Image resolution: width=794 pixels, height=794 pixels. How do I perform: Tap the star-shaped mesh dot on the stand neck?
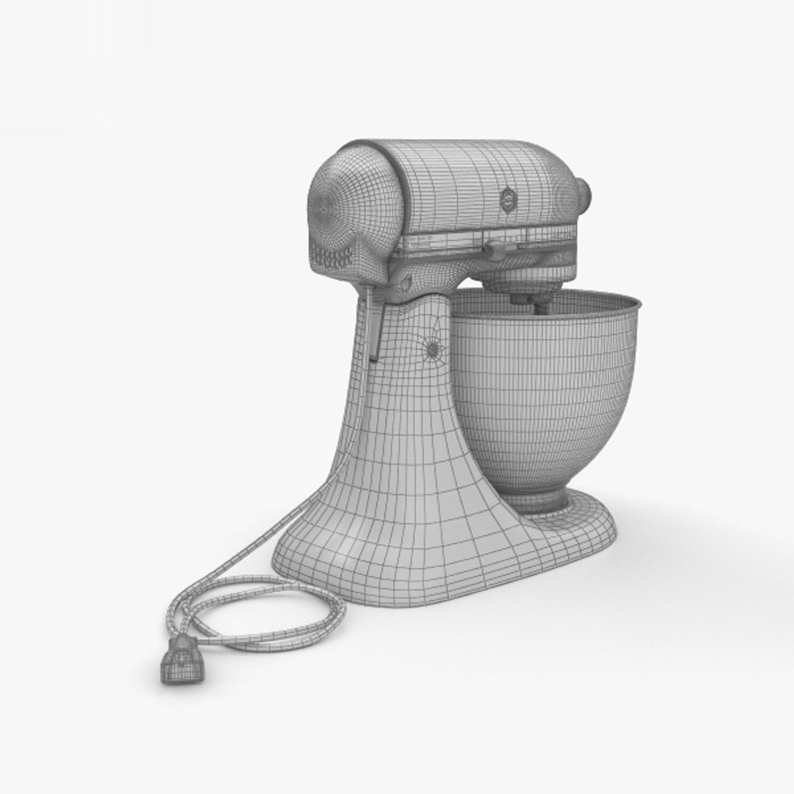point(432,348)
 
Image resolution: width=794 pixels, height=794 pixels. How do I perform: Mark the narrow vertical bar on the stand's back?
point(375,323)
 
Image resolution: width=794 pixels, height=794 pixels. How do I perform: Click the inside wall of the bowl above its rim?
point(588,305)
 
